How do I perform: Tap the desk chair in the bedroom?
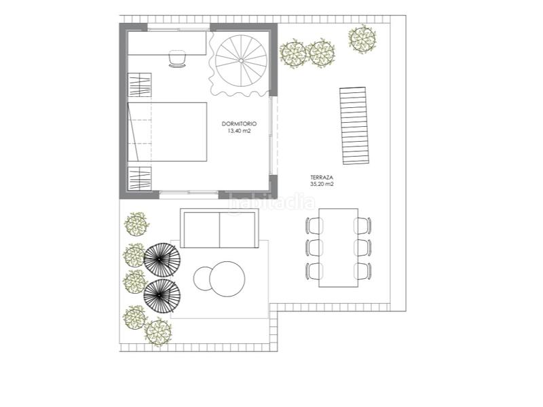click(x=177, y=59)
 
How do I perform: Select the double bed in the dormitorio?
click(x=168, y=132)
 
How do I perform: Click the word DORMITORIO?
click(x=239, y=124)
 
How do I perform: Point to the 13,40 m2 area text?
click(x=239, y=132)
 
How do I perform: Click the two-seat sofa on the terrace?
click(x=219, y=229)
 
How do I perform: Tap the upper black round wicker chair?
click(x=162, y=258)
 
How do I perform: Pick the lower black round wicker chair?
click(x=163, y=294)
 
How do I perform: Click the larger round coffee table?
click(x=227, y=279)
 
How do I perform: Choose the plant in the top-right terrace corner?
click(x=362, y=39)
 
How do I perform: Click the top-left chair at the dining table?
click(x=314, y=225)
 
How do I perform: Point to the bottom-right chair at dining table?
click(x=363, y=270)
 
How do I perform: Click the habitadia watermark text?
click(x=271, y=201)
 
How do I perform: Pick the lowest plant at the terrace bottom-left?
click(x=157, y=330)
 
